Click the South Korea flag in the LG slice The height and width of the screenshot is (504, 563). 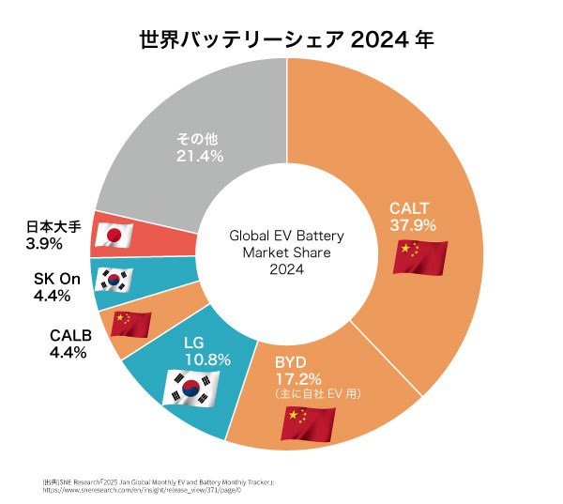click(x=191, y=387)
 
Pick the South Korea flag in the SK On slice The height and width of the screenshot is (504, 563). click(x=115, y=280)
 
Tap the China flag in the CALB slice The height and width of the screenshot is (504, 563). click(x=130, y=324)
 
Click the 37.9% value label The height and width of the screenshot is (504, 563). click(x=414, y=225)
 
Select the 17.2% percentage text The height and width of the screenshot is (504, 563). click(x=297, y=378)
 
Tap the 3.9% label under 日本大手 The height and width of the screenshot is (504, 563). click(x=44, y=244)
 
